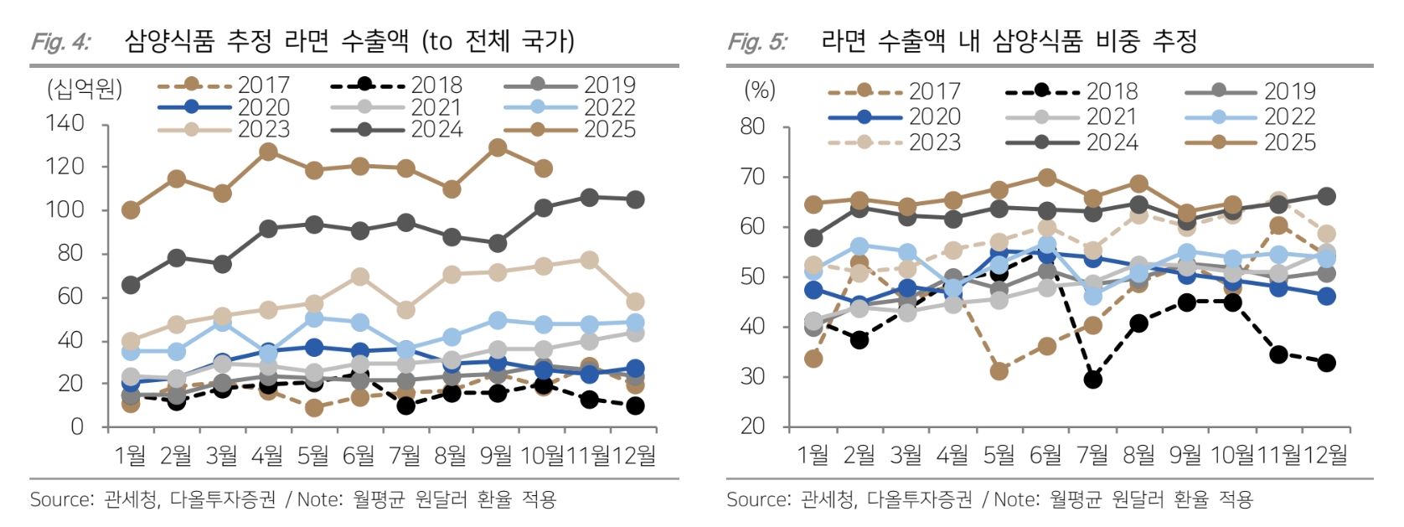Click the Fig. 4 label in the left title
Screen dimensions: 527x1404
click(60, 42)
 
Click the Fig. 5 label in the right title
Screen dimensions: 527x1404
click(757, 42)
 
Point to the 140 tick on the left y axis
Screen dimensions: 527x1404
click(65, 124)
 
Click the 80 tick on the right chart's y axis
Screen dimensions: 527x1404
click(752, 127)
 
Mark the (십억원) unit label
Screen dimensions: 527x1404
click(85, 89)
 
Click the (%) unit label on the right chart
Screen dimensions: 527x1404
click(760, 90)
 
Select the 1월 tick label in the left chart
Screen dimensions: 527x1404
click(130, 455)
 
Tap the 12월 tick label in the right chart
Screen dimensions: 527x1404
click(1325, 455)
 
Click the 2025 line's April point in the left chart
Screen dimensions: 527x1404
click(268, 152)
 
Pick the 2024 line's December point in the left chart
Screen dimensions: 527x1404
click(635, 199)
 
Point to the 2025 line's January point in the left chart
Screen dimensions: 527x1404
click(131, 209)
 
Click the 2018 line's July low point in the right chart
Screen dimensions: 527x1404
click(1092, 380)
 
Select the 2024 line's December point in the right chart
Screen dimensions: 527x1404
click(1326, 196)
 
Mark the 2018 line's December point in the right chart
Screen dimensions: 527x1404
click(1326, 363)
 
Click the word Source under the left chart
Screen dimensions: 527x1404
click(61, 500)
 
